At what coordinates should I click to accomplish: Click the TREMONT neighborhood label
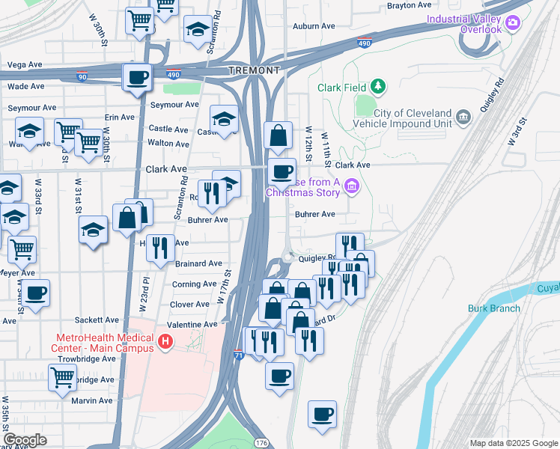254,70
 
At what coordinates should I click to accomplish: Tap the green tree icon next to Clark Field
379,87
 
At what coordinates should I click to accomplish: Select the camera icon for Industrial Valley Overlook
513,23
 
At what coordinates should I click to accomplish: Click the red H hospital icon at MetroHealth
165,343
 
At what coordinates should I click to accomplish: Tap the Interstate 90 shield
81,76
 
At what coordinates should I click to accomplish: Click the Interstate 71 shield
238,353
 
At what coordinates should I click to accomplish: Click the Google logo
25,439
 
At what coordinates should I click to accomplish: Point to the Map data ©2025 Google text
513,443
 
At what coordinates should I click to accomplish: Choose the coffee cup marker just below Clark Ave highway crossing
281,171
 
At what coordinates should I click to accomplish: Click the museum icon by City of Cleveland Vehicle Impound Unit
463,117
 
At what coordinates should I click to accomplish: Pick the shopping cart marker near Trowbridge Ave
61,377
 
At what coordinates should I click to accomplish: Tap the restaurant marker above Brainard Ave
159,248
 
